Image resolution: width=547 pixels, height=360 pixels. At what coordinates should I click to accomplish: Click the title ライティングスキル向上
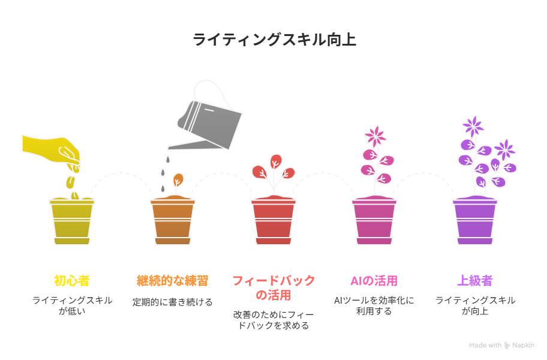tap(274, 40)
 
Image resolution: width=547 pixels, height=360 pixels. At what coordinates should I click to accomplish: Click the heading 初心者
tap(72, 281)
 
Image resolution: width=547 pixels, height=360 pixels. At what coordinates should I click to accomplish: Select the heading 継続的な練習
tap(173, 281)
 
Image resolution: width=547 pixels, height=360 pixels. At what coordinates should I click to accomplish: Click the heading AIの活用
tap(374, 281)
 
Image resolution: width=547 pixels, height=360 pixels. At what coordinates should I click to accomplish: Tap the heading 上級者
tap(475, 281)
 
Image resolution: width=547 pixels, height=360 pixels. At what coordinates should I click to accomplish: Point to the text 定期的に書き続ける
tap(172, 302)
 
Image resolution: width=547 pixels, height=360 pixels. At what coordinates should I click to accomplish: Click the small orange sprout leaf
tap(178, 180)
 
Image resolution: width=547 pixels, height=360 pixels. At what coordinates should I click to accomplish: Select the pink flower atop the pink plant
tap(375, 136)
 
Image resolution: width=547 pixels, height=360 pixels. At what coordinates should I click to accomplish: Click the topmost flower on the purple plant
tap(473, 126)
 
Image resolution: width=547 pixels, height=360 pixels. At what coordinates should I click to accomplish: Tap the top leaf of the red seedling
tap(276, 161)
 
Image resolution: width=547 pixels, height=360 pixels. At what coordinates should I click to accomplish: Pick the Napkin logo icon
tap(507, 346)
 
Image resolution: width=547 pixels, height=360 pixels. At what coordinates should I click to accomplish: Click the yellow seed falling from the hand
tap(70, 182)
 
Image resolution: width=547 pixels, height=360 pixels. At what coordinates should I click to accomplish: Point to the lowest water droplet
tap(163, 189)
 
